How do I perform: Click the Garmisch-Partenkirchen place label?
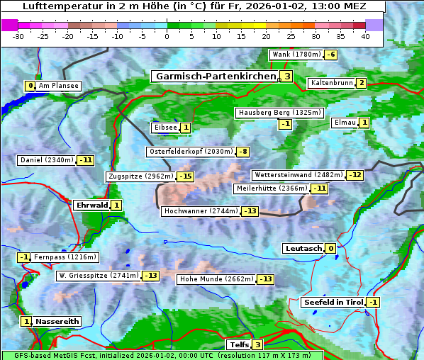[215, 76]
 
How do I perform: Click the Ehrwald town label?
[91, 206]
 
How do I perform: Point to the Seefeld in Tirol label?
[333, 303]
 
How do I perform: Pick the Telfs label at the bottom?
[238, 345]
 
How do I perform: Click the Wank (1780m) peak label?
[296, 55]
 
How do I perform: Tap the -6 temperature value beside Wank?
[331, 55]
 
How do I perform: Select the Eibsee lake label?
[164, 128]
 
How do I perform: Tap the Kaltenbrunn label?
[331, 83]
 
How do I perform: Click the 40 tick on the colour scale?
[365, 36]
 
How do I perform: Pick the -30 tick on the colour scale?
[18, 36]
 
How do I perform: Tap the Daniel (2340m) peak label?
[46, 160]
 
